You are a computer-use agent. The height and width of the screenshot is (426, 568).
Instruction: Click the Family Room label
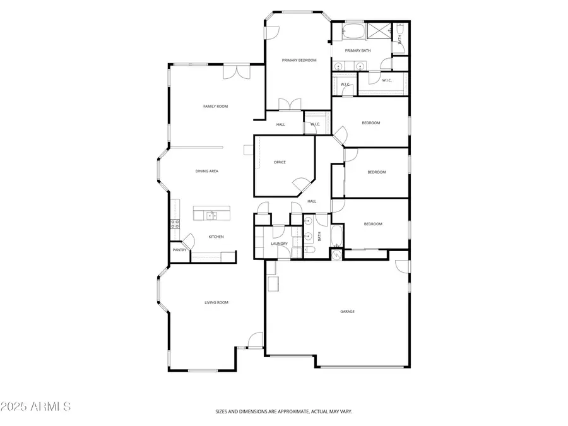point(215,107)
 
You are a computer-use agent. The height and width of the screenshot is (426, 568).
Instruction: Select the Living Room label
point(216,303)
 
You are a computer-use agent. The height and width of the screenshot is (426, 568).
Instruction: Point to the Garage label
point(347,311)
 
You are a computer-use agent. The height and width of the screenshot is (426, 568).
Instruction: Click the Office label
point(280,162)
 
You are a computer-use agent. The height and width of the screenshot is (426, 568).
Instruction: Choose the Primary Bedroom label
point(299,61)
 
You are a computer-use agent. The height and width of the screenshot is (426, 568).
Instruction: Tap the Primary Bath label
point(358,50)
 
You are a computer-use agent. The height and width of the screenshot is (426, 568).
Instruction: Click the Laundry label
point(280,244)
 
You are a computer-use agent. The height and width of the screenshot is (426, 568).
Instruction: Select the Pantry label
point(179,250)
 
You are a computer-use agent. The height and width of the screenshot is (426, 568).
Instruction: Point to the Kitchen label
point(216,237)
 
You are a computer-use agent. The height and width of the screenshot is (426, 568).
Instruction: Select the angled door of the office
point(301,184)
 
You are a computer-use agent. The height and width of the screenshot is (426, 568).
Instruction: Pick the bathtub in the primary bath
point(352,31)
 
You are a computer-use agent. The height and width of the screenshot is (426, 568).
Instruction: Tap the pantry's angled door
point(187,240)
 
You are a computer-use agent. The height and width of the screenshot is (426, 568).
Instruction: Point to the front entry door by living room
point(255,341)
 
